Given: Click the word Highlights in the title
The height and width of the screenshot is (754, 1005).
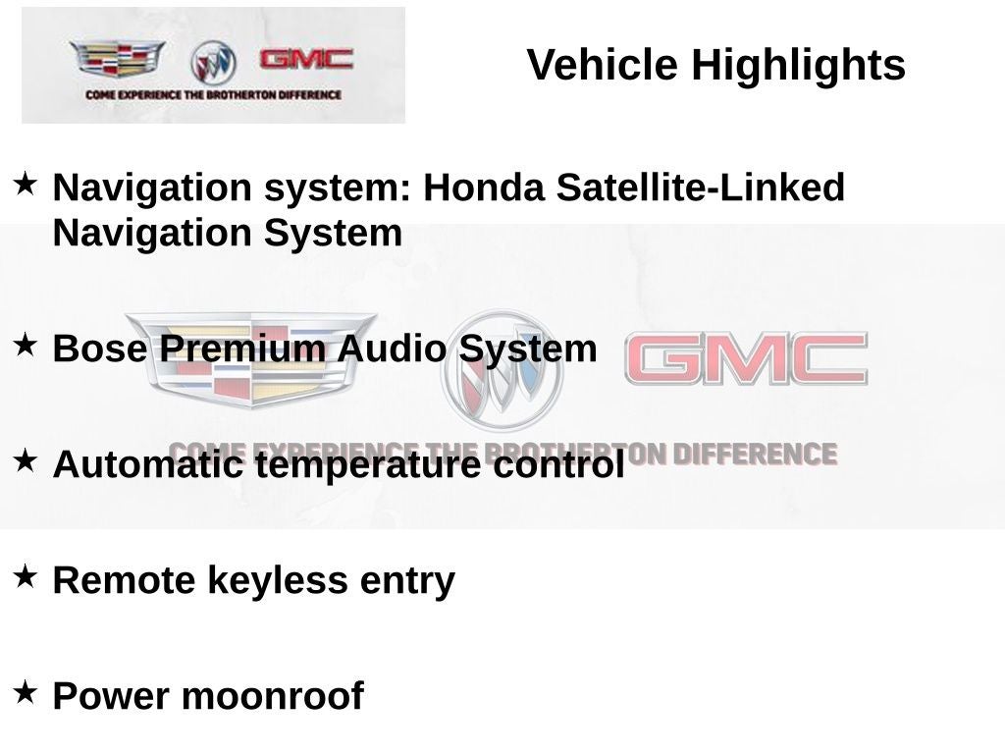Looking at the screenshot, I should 798,66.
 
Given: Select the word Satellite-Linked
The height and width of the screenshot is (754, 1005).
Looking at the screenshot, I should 700,188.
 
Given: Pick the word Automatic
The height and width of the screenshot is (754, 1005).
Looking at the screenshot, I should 147,464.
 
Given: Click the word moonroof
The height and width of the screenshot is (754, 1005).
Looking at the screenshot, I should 273,696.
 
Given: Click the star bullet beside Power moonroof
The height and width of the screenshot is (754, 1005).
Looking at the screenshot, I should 26,691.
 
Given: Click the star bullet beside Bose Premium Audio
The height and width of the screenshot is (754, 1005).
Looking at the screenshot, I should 26,344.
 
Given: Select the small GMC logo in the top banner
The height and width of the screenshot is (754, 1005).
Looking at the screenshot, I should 306,59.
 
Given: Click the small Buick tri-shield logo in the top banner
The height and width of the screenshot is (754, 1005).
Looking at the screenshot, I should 213,62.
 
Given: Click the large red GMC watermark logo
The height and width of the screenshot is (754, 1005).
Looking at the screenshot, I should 746,358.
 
